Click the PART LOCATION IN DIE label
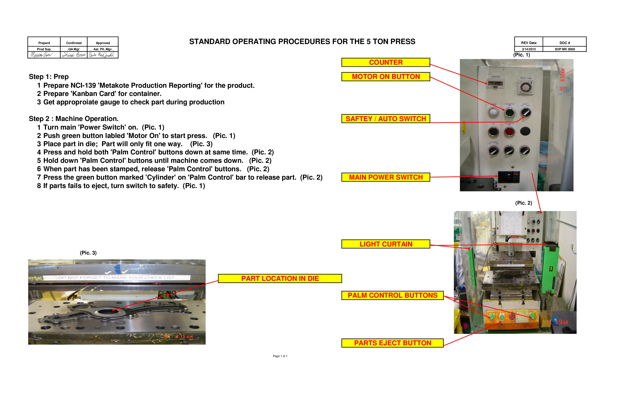pyautogui.click(x=280, y=278)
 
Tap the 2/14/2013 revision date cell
pyautogui.click(x=529, y=49)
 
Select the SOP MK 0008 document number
pyautogui.click(x=565, y=49)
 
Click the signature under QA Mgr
pyautogui.click(x=74, y=55)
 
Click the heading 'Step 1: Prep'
pyautogui.click(x=49, y=77)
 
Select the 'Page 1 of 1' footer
pyautogui.click(x=280, y=356)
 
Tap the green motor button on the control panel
pyautogui.click(x=509, y=113)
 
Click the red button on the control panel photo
pyautogui.click(x=509, y=132)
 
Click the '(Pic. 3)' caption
pyautogui.click(x=88, y=253)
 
